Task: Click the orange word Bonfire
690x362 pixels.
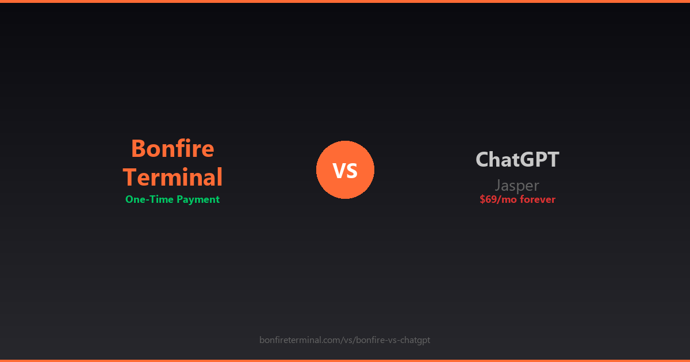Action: coord(172,149)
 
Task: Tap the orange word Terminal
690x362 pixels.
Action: coord(172,177)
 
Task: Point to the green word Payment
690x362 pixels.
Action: coord(198,199)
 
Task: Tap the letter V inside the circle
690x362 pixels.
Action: coord(338,170)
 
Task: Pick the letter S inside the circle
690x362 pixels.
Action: coord(352,170)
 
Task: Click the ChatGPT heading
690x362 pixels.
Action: coord(517,159)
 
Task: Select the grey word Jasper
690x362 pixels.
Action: coord(517,185)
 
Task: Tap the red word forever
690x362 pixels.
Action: coord(538,199)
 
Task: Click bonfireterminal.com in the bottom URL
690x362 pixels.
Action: coord(300,340)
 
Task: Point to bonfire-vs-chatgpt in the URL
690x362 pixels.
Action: coord(393,340)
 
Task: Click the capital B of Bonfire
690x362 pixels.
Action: coord(138,149)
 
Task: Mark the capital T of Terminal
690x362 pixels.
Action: coord(130,177)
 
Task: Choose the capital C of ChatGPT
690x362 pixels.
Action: coord(483,159)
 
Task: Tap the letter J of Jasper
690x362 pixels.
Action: coord(498,185)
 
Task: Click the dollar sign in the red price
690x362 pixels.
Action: coord(482,199)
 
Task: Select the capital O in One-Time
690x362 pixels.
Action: coord(129,199)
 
